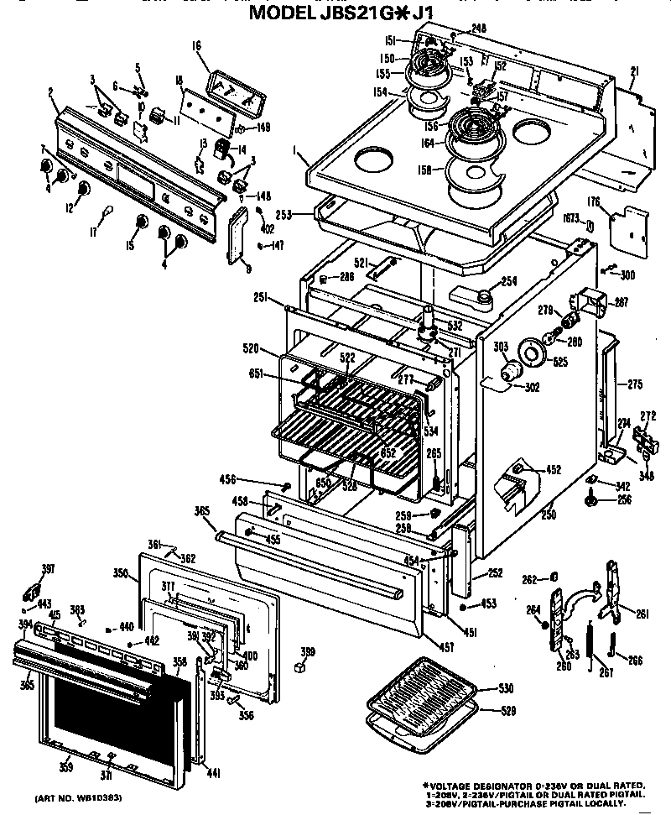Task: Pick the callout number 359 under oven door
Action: click(x=65, y=766)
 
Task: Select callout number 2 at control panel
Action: click(x=50, y=91)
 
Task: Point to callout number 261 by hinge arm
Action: click(x=642, y=614)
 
